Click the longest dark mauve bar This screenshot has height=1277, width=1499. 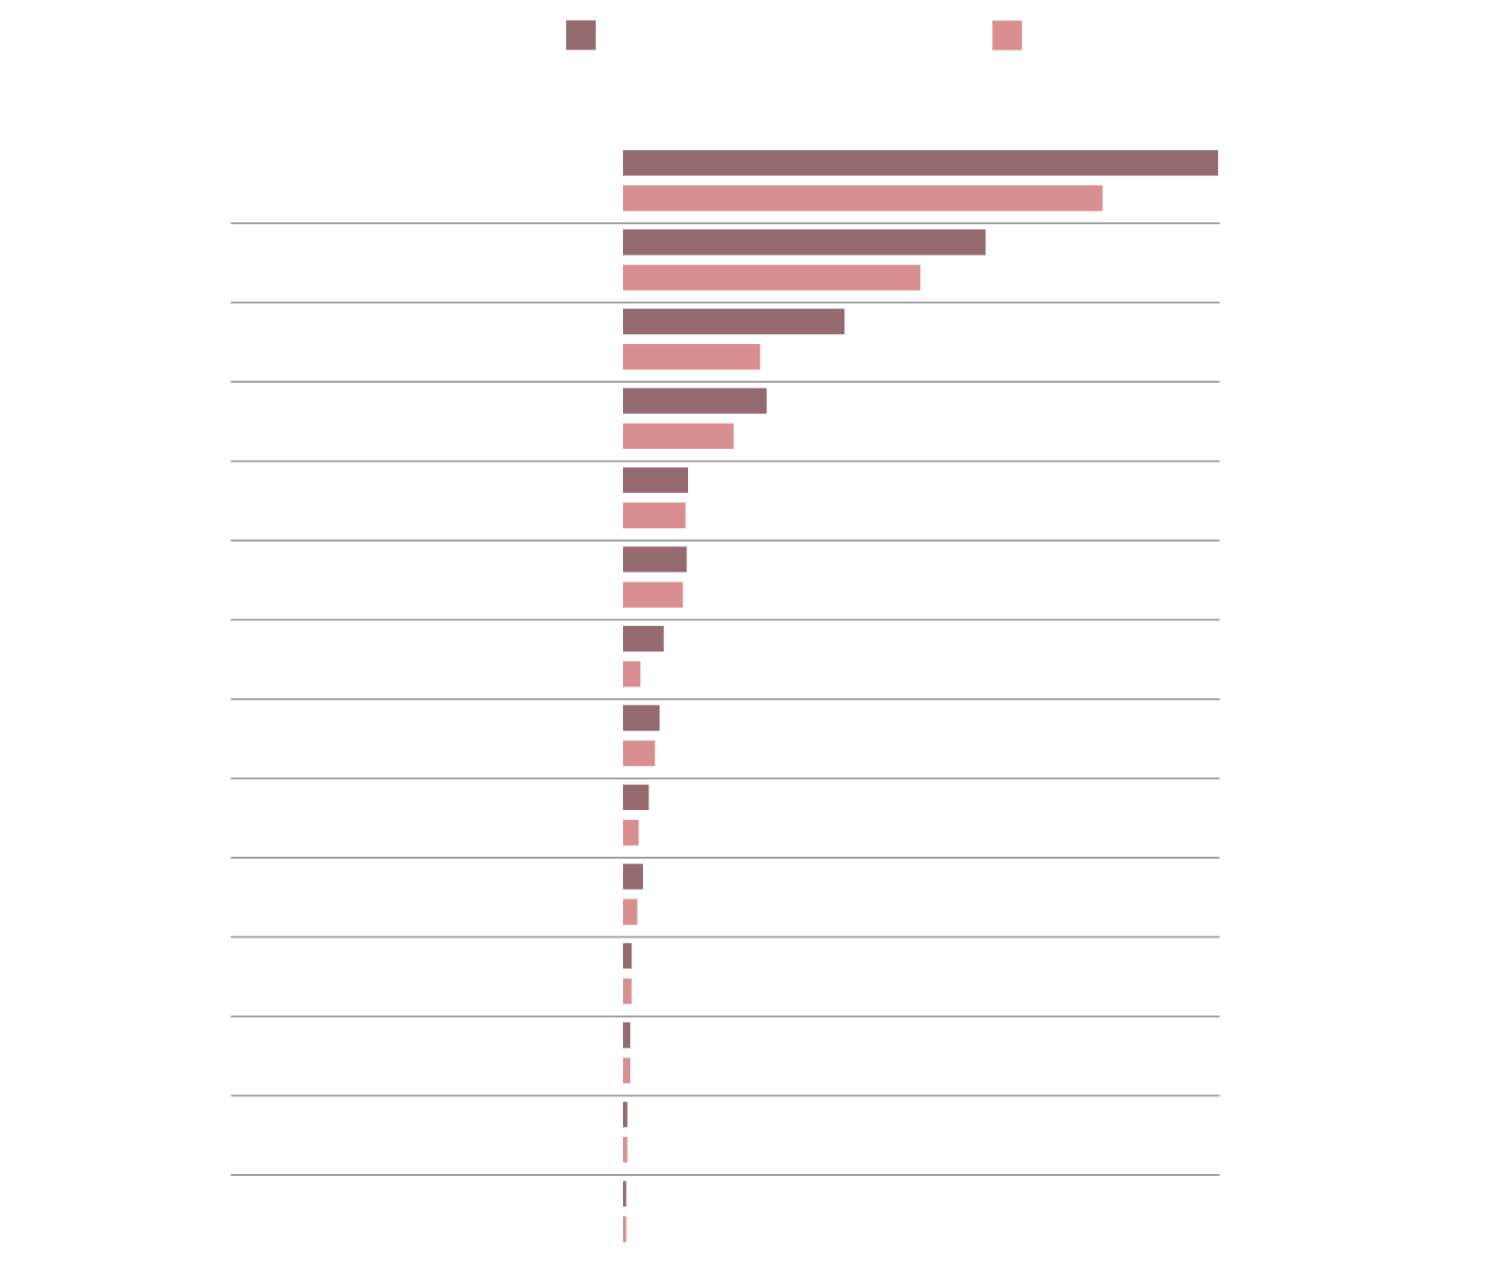[920, 163]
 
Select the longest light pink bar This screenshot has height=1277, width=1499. [862, 199]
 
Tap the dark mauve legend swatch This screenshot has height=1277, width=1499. [581, 35]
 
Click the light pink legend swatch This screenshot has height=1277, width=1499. [1007, 35]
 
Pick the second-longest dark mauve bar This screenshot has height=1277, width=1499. [804, 242]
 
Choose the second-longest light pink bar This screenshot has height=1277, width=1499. [771, 277]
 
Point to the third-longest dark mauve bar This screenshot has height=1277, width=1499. [733, 322]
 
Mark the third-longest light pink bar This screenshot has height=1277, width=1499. [691, 357]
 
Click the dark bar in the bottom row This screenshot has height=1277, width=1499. [624, 1194]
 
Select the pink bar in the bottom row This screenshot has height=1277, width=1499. [624, 1229]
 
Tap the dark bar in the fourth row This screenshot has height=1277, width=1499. [694, 401]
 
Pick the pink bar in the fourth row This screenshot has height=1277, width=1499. [678, 436]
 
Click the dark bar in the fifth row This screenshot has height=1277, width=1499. [655, 480]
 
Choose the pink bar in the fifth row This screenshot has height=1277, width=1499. [654, 516]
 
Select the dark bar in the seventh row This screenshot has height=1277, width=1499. [643, 638]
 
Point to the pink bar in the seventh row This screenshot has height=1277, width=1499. [631, 674]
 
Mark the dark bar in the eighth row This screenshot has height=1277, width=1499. [641, 718]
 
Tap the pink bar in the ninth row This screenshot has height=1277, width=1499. [630, 833]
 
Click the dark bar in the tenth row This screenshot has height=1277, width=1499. [633, 877]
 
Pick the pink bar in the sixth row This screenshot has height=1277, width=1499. [653, 595]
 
